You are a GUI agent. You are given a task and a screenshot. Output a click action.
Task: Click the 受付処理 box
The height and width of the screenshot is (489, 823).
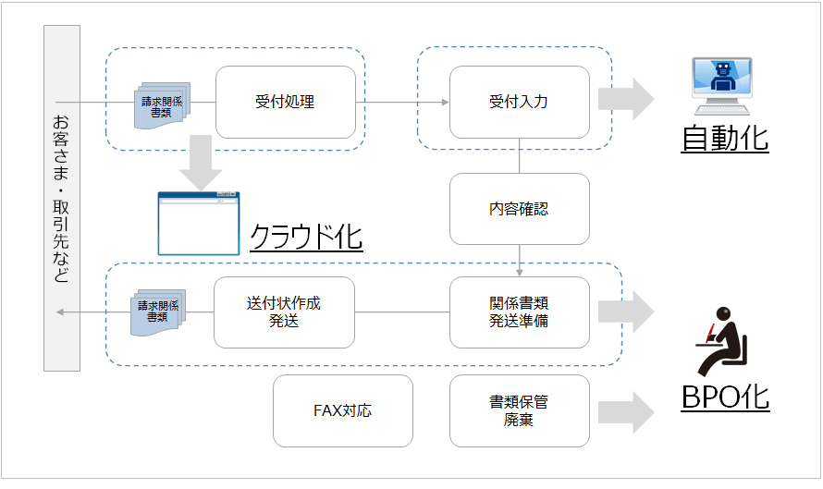[x=286, y=102]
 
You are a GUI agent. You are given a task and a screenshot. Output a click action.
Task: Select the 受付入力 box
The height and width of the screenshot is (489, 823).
[x=519, y=102]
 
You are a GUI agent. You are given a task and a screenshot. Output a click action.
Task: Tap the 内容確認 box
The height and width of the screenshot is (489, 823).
[x=519, y=209]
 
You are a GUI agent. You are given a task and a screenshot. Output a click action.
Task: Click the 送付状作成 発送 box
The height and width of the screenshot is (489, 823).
[x=284, y=312]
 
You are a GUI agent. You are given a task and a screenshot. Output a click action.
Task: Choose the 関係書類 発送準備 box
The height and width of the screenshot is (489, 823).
[x=519, y=312]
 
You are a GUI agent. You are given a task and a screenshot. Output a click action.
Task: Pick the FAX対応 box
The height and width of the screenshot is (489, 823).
[x=342, y=410]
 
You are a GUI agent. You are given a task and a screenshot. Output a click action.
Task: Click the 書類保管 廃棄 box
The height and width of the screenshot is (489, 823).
[x=519, y=410]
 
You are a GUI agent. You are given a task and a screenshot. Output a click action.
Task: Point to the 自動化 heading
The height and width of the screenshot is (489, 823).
[x=725, y=138]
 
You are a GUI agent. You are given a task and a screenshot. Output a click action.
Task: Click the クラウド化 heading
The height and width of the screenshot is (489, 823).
[x=306, y=238]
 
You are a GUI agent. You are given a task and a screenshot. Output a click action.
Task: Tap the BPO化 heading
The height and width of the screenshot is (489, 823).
[x=725, y=397]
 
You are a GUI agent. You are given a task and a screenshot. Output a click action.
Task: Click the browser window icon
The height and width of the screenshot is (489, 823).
[x=199, y=223]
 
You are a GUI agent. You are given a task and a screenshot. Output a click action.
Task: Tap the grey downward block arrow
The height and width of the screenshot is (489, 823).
[x=200, y=162]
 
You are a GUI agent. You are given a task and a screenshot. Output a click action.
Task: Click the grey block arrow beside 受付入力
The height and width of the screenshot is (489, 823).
[x=626, y=99]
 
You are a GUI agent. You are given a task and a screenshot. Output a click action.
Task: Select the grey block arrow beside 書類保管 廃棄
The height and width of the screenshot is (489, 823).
[x=626, y=410]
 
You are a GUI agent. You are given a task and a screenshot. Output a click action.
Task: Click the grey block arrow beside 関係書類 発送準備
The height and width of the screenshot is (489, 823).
[x=626, y=312]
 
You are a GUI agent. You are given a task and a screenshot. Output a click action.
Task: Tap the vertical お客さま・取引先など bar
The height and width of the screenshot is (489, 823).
[x=61, y=199]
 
